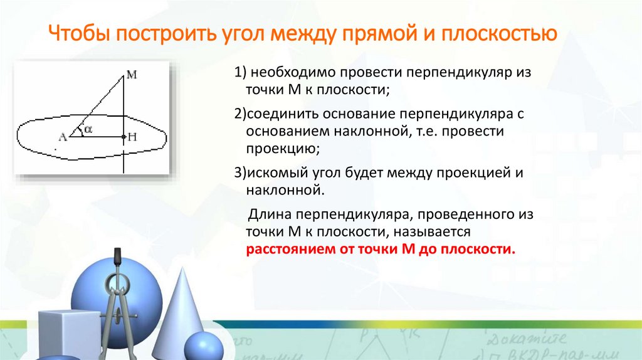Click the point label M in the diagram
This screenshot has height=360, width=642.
point(131,74)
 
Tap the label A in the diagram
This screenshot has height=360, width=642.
point(62,136)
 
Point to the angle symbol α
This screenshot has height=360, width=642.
point(88,129)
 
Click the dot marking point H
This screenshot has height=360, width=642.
point(124,135)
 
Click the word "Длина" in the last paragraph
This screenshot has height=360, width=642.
point(268,215)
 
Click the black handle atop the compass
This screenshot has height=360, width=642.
point(117,258)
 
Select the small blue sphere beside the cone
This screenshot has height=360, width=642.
point(203,346)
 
